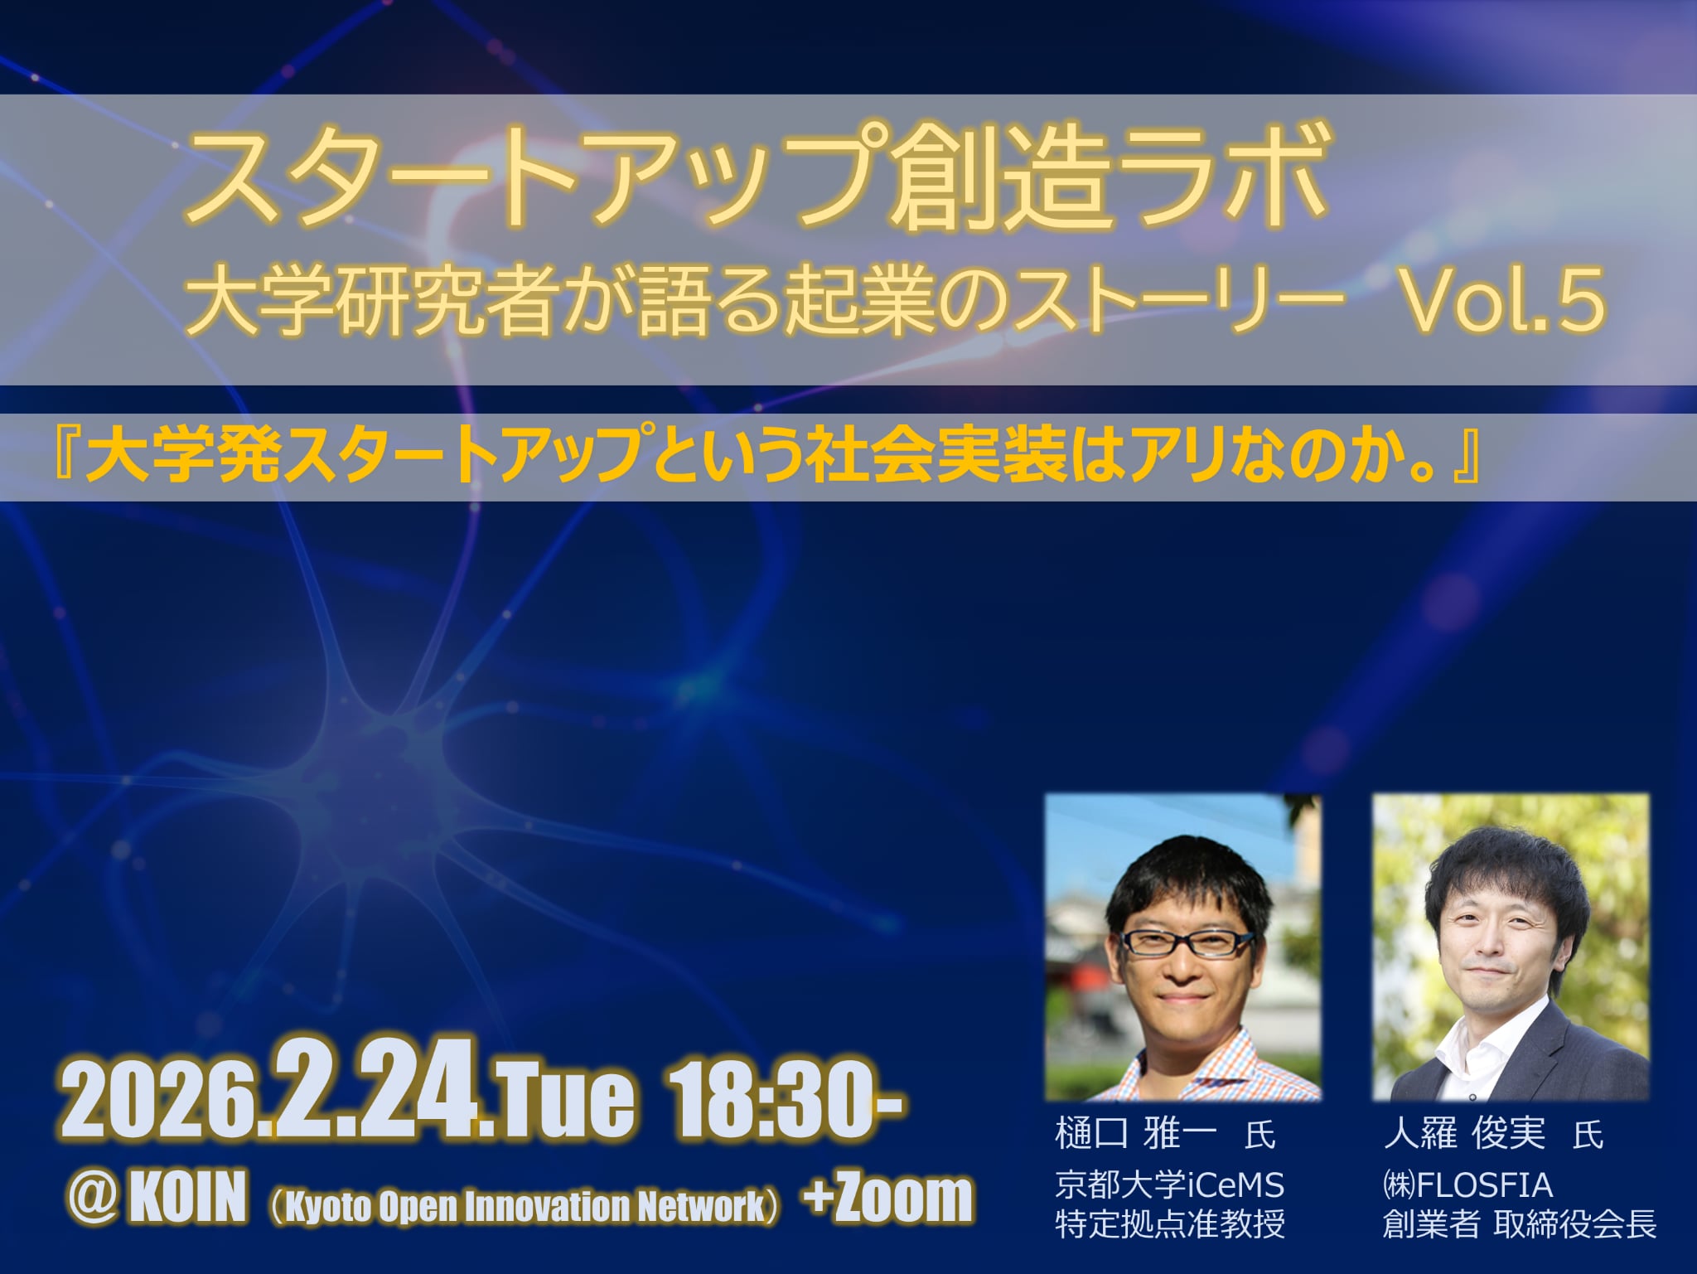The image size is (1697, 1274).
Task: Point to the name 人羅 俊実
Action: [x=1464, y=1134]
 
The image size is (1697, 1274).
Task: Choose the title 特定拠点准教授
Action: [x=1169, y=1223]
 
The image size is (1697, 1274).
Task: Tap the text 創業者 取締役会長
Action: [x=1519, y=1223]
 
